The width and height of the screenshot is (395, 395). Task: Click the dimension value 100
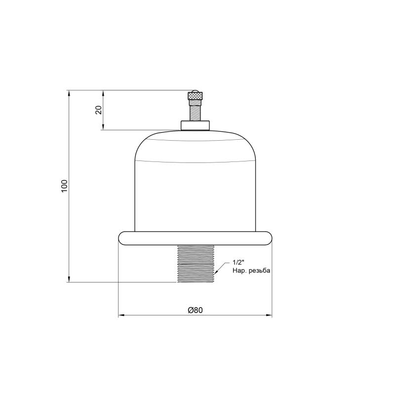(65, 186)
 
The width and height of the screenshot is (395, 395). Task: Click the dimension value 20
(98, 110)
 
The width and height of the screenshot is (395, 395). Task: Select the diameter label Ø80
(195, 310)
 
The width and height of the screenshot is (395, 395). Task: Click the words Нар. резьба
(251, 271)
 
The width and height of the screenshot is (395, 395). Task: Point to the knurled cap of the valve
(195, 96)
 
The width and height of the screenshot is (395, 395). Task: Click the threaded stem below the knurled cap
(195, 110)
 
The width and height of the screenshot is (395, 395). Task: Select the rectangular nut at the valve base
(195, 125)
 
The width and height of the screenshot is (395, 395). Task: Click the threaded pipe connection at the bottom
(196, 264)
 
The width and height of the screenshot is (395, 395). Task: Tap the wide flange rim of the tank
(195, 238)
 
